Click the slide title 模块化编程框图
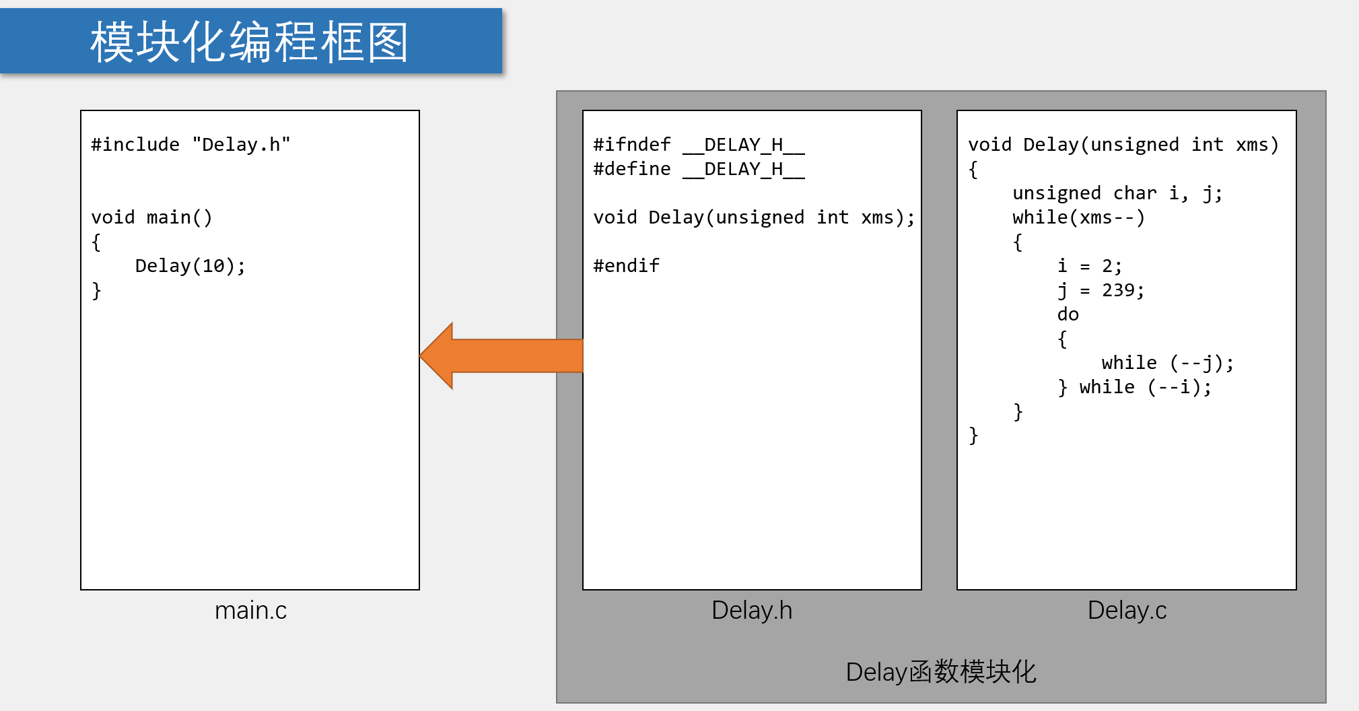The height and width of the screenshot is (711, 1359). click(250, 42)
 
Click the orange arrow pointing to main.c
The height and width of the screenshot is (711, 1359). click(501, 355)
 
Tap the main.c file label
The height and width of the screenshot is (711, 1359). click(250, 610)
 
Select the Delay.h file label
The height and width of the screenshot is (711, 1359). click(752, 610)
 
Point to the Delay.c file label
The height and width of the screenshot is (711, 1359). click(1127, 610)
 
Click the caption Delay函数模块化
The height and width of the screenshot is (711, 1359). click(940, 671)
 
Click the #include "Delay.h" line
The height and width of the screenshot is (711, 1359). click(190, 145)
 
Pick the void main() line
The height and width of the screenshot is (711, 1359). click(151, 217)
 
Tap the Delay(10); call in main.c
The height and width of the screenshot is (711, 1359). click(190, 266)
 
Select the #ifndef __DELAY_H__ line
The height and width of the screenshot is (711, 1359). click(699, 145)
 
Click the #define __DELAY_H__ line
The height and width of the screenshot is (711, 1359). click(699, 169)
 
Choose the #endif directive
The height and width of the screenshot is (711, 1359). click(626, 266)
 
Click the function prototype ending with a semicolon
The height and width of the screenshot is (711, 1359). click(754, 217)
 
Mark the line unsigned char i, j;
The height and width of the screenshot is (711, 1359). click(1117, 193)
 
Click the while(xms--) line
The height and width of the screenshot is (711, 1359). click(1078, 217)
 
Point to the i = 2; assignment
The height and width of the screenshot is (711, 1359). click(1089, 266)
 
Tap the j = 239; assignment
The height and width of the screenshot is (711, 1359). click(1101, 290)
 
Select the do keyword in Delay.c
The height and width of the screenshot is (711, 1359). click(1068, 314)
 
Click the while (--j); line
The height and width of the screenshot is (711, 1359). click(1168, 363)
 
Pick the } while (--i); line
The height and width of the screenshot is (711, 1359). click(1134, 387)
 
